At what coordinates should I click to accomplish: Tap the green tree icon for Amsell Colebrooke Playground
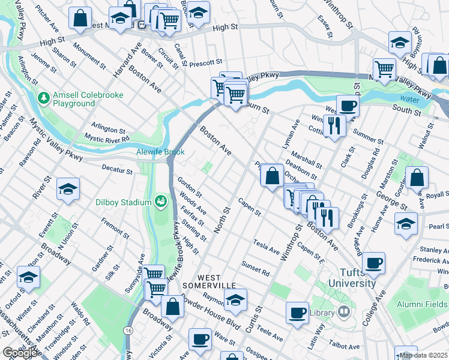tap(43, 97)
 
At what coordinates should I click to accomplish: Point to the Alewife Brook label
tap(160, 152)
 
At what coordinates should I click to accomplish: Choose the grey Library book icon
tap(343, 311)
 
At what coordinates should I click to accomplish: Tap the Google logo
tap(20, 353)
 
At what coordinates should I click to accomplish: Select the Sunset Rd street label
tap(256, 267)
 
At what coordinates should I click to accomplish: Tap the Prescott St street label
tap(203, 62)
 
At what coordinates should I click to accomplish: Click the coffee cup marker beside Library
tap(297, 313)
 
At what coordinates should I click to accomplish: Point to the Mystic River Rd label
tap(107, 139)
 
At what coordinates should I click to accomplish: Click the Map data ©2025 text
tap(423, 355)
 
